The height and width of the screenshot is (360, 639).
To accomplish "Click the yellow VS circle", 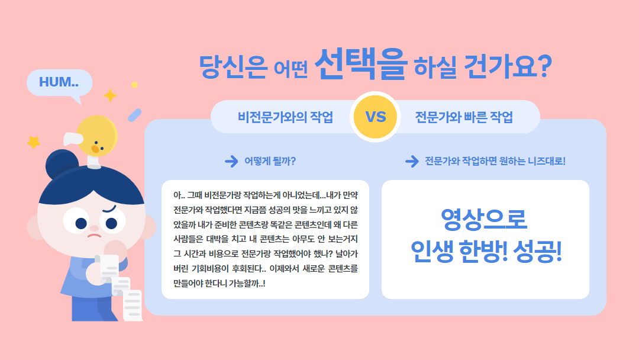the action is tap(375, 117).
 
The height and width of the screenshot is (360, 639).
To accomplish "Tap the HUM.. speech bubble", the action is tap(60, 83).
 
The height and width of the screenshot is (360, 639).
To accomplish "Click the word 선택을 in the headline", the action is tap(361, 64).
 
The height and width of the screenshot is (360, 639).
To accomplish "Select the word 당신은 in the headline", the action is tap(233, 66).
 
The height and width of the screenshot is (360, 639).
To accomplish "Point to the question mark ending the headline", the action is tap(543, 66).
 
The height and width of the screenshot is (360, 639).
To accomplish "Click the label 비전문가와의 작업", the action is tap(285, 117).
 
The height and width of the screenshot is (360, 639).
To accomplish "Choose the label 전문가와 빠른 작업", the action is tap(464, 117).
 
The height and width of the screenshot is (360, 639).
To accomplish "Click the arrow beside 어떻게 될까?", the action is tap(231, 162).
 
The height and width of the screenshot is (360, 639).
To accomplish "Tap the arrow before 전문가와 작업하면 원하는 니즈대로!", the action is tap(412, 162).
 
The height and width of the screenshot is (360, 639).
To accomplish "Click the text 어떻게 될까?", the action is tap(270, 162).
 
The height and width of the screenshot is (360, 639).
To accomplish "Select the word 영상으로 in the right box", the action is tap(484, 220).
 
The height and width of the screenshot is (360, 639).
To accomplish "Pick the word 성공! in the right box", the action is tap(537, 251).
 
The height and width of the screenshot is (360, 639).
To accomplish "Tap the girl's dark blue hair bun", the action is tap(61, 163).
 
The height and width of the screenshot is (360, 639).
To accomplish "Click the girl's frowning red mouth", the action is tap(95, 235).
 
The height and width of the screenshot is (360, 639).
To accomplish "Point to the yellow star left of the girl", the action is tap(34, 142).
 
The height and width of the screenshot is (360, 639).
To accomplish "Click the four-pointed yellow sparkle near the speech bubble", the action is tap(110, 95).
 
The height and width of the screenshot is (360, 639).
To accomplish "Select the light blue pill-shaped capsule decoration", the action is tap(135, 115).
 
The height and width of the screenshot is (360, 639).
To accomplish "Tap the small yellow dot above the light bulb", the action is tap(134, 85).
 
